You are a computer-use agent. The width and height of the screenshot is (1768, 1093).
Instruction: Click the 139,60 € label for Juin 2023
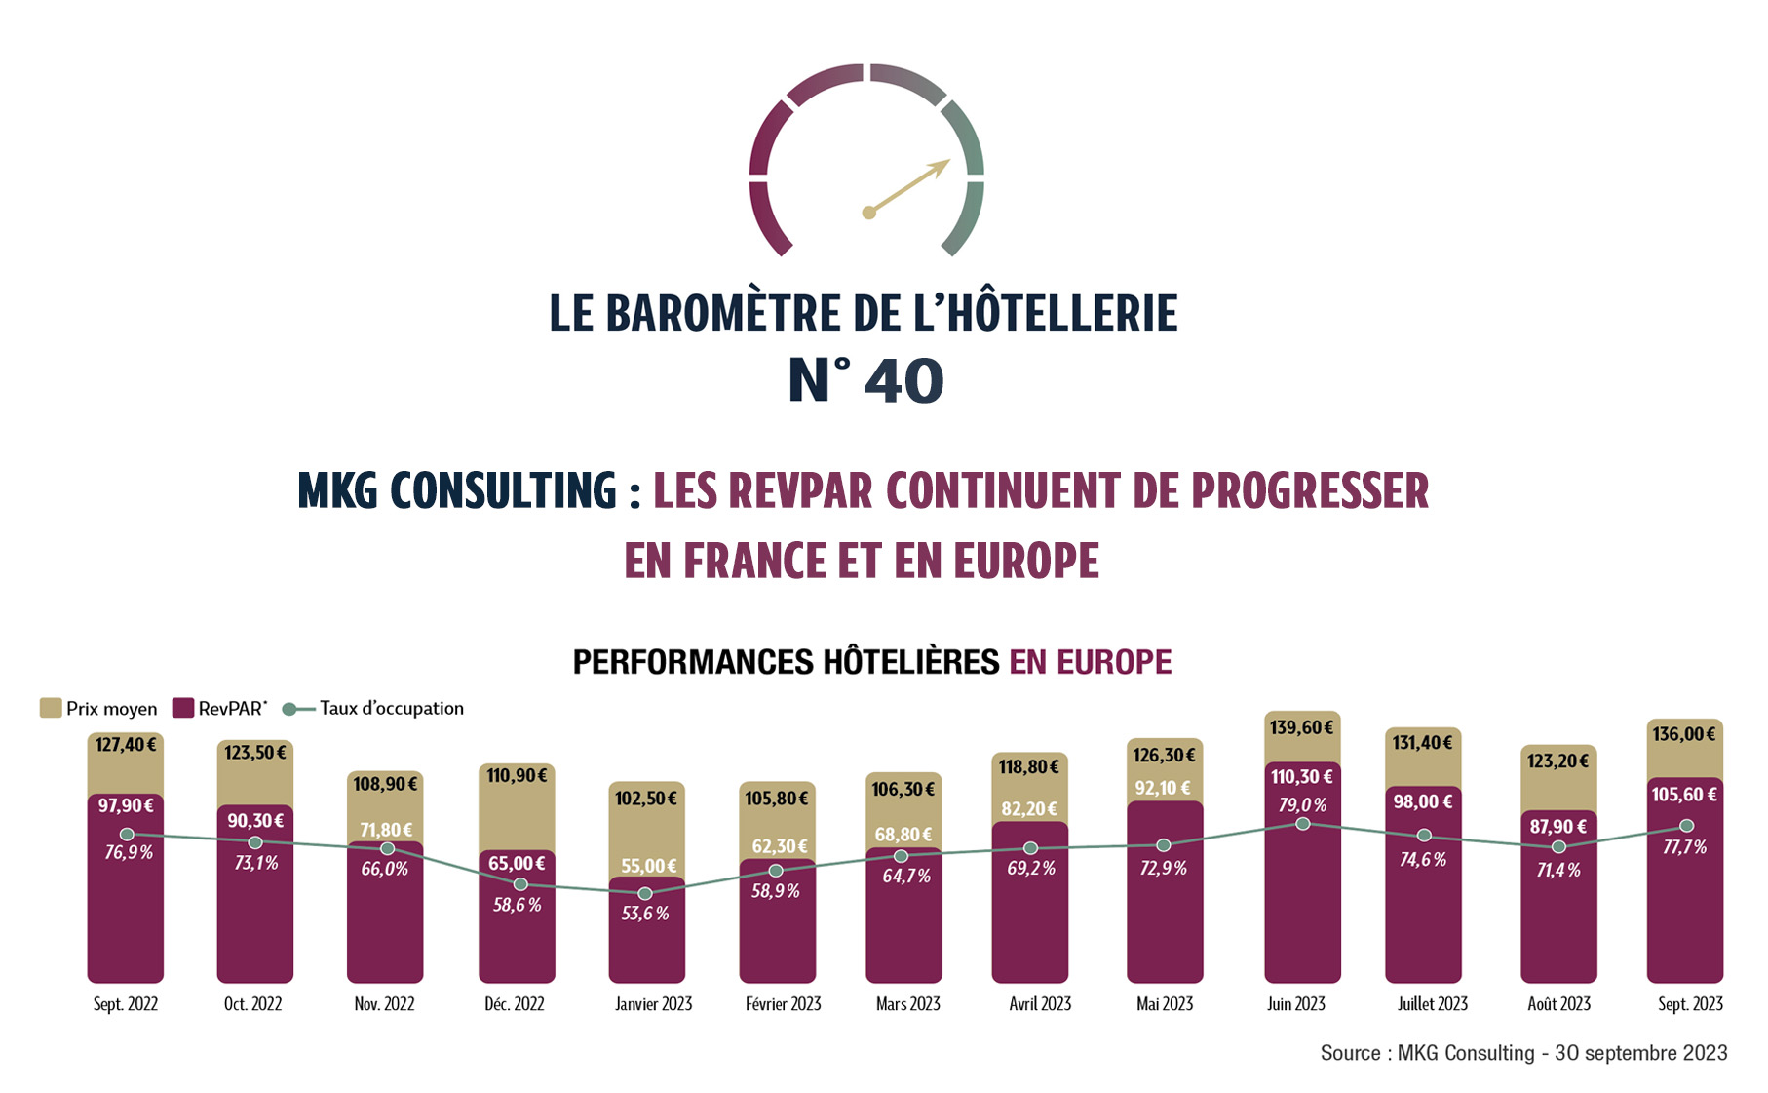click(x=1301, y=727)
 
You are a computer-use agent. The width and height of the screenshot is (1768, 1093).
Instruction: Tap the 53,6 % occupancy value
click(x=645, y=914)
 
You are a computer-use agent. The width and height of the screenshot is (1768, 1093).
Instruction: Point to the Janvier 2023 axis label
click(x=653, y=1004)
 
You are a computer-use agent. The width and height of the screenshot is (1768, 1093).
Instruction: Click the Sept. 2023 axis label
click(x=1690, y=1004)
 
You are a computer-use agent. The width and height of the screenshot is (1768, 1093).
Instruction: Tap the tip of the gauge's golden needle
click(x=947, y=162)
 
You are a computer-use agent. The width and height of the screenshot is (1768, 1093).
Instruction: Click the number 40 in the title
click(x=903, y=381)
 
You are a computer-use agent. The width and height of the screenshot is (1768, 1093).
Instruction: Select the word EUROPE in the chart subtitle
click(x=1113, y=662)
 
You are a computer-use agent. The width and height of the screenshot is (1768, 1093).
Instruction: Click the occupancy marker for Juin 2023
click(x=1302, y=824)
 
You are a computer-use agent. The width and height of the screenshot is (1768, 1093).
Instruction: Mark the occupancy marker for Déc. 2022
click(x=520, y=884)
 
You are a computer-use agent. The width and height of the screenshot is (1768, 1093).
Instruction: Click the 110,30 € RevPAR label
click(x=1301, y=777)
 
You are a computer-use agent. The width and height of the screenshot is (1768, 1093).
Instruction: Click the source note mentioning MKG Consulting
click(x=1522, y=1053)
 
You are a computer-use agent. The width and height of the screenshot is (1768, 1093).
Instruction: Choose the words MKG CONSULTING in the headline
click(x=457, y=490)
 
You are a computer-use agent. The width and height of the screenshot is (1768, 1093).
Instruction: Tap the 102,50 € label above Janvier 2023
click(x=645, y=799)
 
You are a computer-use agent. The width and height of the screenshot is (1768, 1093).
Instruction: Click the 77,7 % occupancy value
click(x=1684, y=847)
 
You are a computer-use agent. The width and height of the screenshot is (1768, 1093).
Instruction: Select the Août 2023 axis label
click(x=1558, y=1004)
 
